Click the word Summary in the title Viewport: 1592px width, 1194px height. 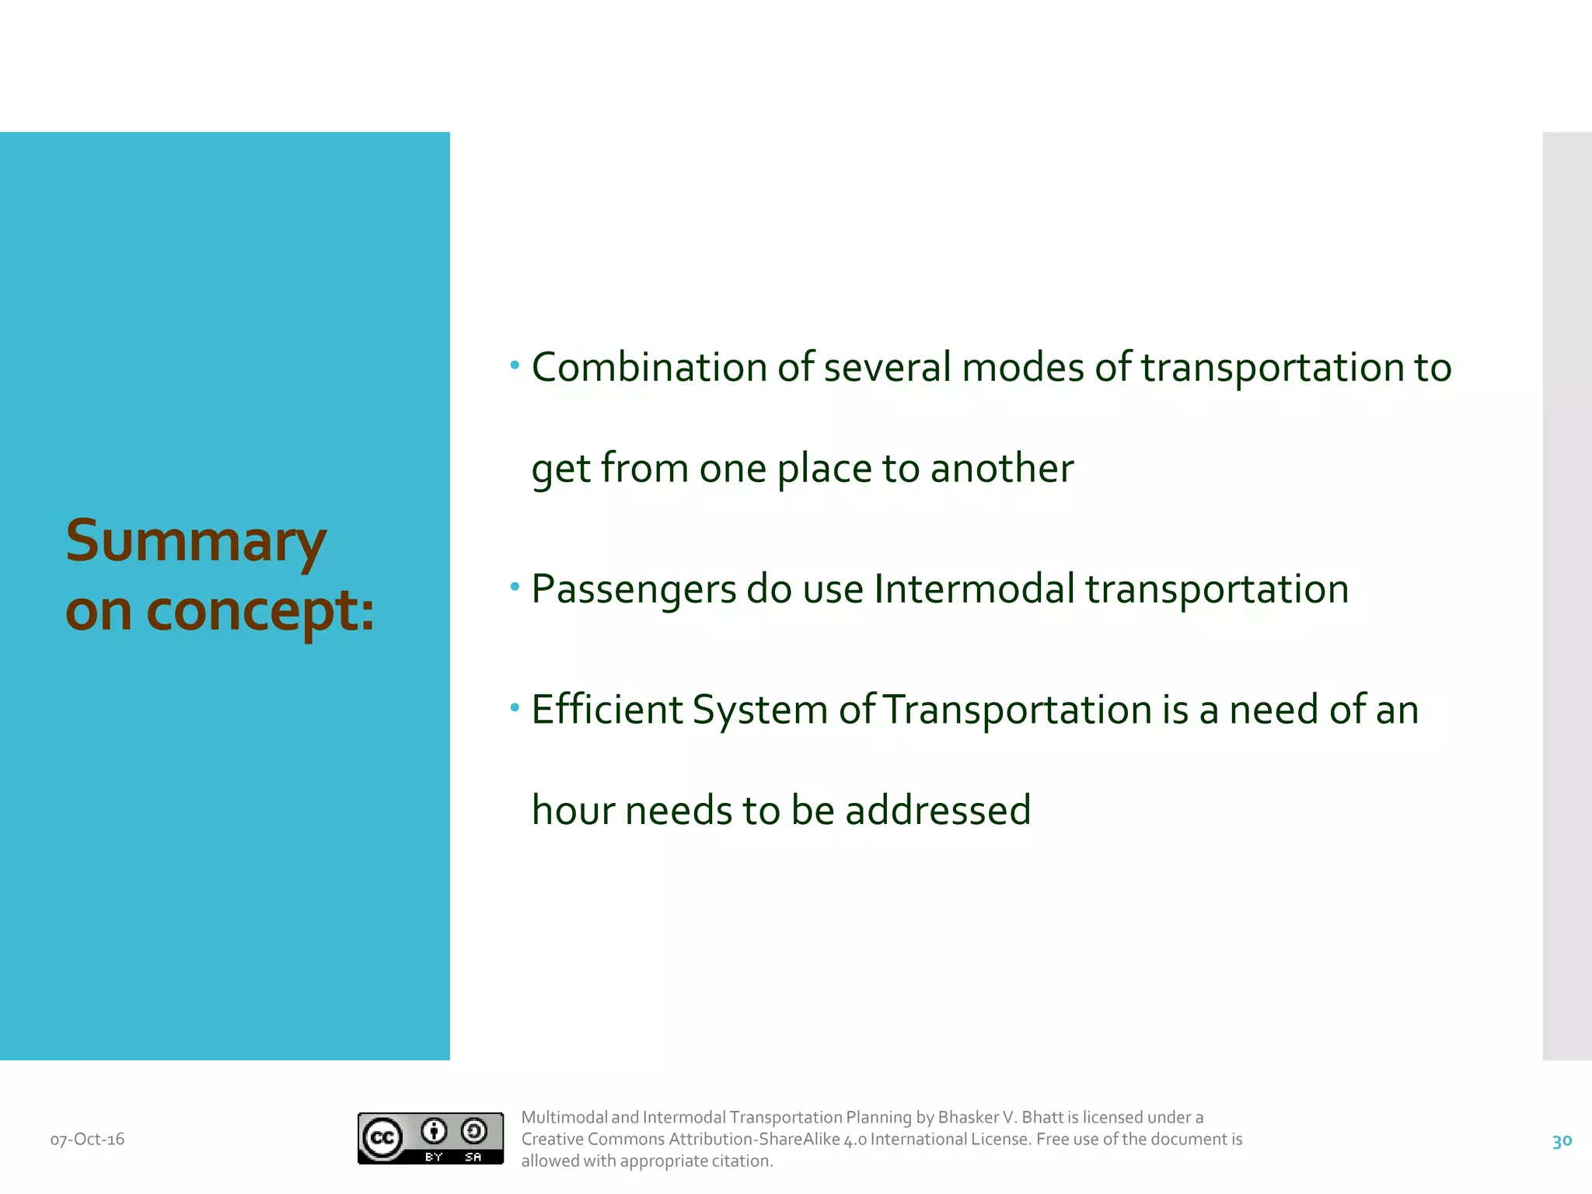coord(196,543)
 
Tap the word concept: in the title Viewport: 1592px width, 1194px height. coord(260,612)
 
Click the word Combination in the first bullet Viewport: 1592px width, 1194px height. coord(649,368)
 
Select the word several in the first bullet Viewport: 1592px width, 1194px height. coord(887,368)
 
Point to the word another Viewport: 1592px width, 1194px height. coord(1002,469)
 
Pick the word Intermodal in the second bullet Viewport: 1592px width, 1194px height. coord(975,588)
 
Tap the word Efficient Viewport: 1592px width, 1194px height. coord(606,710)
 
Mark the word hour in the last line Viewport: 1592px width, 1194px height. coord(573,811)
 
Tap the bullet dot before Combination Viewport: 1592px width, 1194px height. coord(515,365)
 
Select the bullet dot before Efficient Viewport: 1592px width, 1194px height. coord(515,707)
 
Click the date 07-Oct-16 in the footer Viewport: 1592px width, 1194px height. coord(87,1140)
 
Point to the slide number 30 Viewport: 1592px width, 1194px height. coord(1562,1141)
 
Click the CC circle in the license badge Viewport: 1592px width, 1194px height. coord(382,1139)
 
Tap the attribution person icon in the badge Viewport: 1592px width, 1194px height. coord(434,1131)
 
